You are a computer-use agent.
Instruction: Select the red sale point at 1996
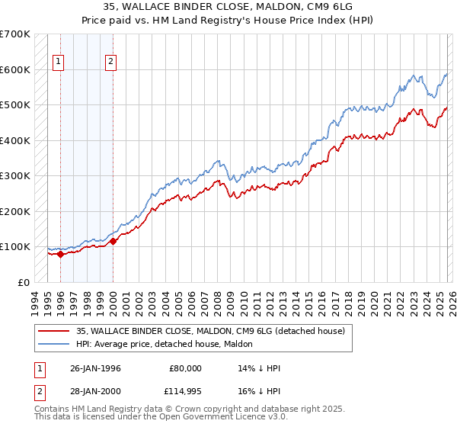point(60,254)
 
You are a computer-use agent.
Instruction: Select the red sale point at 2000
point(113,242)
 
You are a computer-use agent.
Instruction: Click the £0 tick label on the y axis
point(24,282)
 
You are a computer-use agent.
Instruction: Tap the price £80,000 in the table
point(186,368)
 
